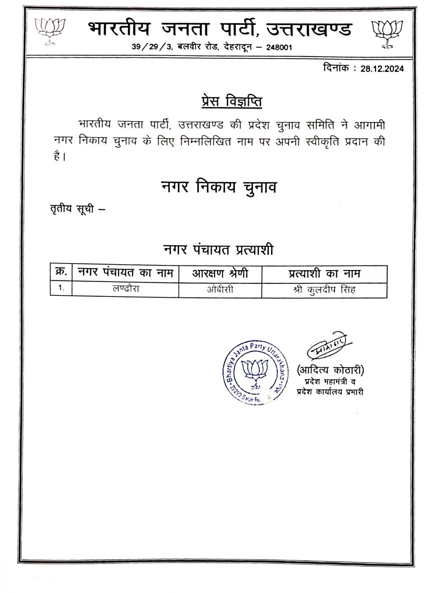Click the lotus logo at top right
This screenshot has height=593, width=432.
pyautogui.click(x=387, y=34)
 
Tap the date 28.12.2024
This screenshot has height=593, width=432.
pyautogui.click(x=382, y=69)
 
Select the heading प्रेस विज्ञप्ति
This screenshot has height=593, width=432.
pyautogui.click(x=232, y=102)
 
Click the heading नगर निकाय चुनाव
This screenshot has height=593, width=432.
pyautogui.click(x=219, y=187)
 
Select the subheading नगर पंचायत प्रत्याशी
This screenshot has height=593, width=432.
pyautogui.click(x=218, y=250)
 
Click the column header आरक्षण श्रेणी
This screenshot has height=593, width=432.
pyautogui.click(x=220, y=274)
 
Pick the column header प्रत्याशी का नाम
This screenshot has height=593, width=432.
pyautogui.click(x=324, y=274)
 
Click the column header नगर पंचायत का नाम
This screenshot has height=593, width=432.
pyautogui.click(x=125, y=273)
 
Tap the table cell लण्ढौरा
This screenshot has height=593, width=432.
pyautogui.click(x=126, y=289)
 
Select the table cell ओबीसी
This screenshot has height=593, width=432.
pyautogui.click(x=220, y=289)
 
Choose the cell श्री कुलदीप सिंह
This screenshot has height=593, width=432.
pyautogui.click(x=324, y=289)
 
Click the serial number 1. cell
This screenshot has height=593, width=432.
pyautogui.click(x=61, y=288)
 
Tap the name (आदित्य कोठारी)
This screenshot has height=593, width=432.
pyautogui.click(x=330, y=370)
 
